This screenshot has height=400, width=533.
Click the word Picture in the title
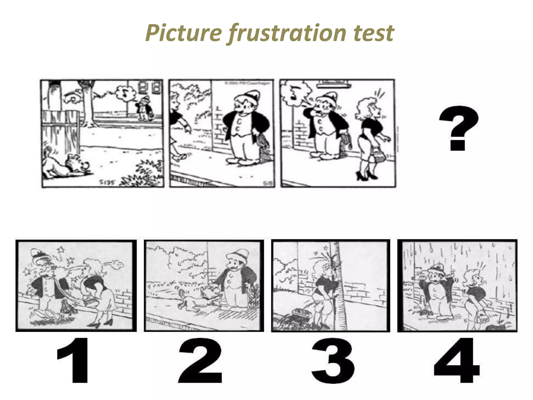click(x=184, y=33)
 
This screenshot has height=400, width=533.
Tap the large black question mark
click(x=458, y=128)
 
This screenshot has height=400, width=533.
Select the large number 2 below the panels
click(x=200, y=361)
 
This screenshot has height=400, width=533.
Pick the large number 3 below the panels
click(x=333, y=361)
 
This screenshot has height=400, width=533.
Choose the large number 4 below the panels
click(x=457, y=361)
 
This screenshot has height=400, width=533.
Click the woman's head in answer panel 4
click(x=474, y=279)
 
